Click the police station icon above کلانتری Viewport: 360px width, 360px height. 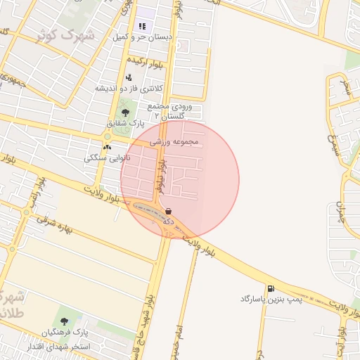point(128,77)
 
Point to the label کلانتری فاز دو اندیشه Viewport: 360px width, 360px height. point(129,89)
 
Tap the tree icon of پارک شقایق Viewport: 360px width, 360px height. point(125,112)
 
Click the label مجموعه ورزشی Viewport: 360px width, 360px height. point(174,141)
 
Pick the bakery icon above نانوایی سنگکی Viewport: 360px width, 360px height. point(107,147)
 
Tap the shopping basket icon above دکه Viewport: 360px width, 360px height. point(169,210)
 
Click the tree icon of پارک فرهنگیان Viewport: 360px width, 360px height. point(65,321)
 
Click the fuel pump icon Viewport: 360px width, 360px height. point(271,288)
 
